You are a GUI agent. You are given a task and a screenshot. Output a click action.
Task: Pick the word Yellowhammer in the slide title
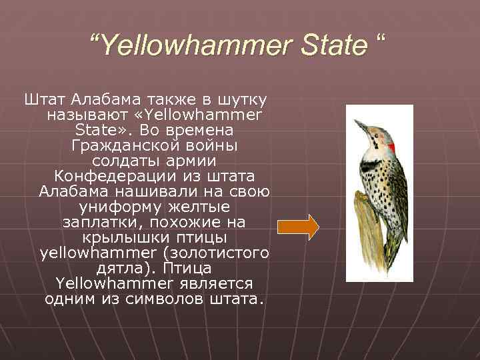click(187, 46)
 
